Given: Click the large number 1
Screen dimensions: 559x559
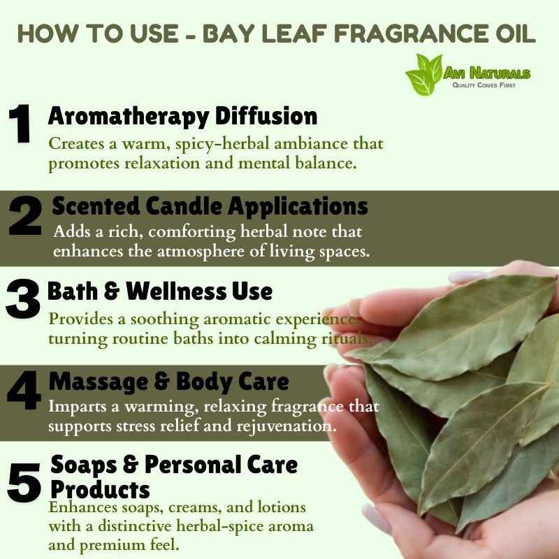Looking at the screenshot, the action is coord(20,124).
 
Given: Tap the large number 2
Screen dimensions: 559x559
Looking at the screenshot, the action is coord(25,215).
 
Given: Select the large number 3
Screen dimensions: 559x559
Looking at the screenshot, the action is coord(22,298).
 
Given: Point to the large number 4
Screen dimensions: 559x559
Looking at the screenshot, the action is coord(24,390).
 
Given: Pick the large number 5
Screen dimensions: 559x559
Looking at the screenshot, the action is coord(24,482).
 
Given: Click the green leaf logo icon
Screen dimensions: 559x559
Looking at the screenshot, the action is coord(424,75).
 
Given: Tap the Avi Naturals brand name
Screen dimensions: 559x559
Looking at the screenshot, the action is coord(486,73).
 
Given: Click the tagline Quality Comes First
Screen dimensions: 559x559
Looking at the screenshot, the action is coord(484,85).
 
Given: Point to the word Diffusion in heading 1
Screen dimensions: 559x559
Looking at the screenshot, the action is coord(266,116).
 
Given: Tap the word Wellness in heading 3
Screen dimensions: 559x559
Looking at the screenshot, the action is coord(176,291).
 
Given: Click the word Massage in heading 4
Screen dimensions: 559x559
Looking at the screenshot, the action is coord(99,382).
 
